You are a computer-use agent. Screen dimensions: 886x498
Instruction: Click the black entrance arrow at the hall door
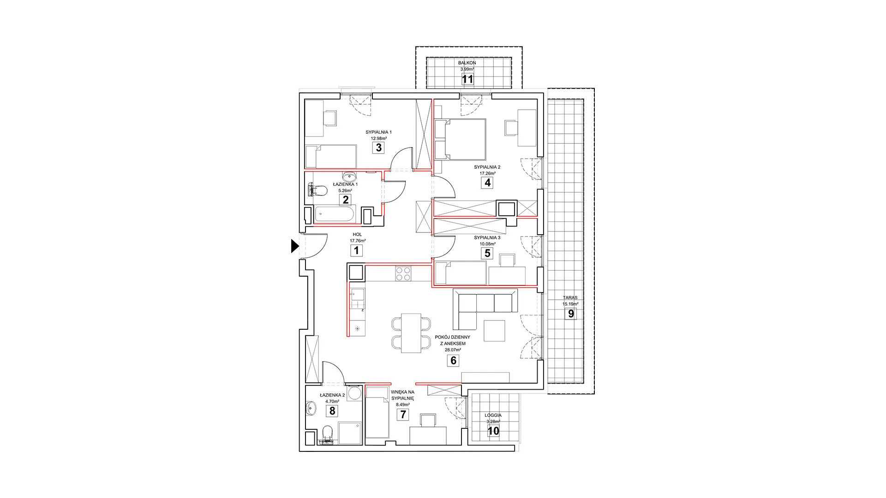(x=295, y=247)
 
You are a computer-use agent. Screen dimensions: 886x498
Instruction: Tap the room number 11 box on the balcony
(x=467, y=79)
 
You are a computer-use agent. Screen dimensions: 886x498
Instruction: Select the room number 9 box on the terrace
(x=571, y=314)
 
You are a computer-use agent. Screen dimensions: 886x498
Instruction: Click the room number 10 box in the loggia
(x=493, y=431)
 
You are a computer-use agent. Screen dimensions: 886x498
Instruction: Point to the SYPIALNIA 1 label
(x=378, y=132)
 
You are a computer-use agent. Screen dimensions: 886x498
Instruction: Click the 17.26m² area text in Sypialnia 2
(x=487, y=173)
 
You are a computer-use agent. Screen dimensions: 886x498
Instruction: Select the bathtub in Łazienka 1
(x=335, y=215)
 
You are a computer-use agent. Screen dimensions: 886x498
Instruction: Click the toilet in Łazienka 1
(x=317, y=190)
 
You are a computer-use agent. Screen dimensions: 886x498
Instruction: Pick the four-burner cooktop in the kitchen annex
(x=403, y=274)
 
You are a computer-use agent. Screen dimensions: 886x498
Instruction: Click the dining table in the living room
(x=411, y=333)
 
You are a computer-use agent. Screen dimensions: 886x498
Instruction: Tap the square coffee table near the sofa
(x=495, y=331)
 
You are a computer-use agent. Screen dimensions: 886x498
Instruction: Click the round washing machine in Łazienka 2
(x=355, y=393)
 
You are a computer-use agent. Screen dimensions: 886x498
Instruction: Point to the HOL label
(x=357, y=234)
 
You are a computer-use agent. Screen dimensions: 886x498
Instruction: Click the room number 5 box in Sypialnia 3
(x=487, y=253)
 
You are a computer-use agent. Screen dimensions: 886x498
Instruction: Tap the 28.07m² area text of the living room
(x=453, y=350)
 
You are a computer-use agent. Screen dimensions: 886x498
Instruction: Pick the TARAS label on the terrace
(x=570, y=298)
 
